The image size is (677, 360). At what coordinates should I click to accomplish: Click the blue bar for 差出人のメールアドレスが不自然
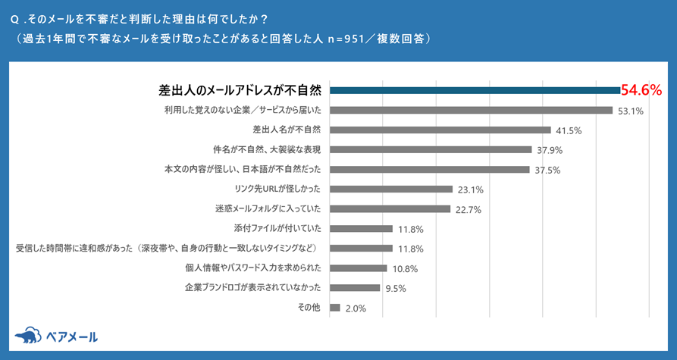[x=475, y=90]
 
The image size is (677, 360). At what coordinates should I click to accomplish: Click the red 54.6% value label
[x=641, y=90]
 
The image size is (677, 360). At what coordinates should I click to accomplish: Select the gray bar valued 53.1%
[x=471, y=111]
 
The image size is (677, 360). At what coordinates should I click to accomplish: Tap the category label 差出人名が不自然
[x=287, y=130]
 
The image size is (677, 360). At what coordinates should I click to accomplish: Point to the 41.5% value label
[x=569, y=130]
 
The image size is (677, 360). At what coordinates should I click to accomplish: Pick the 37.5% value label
[x=547, y=170]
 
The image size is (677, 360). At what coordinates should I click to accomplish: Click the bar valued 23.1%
[x=391, y=189]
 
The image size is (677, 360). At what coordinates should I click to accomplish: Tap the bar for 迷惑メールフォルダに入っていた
[x=390, y=208]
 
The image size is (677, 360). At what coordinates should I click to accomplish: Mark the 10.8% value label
[x=403, y=268]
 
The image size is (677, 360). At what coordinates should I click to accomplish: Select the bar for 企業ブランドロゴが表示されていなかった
[x=355, y=288]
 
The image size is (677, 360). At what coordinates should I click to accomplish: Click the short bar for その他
[x=334, y=308]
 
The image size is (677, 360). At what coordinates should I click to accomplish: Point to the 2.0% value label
[x=356, y=308]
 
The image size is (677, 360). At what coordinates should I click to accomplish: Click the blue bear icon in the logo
[x=28, y=336]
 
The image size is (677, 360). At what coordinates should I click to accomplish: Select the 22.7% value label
[x=467, y=209]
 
